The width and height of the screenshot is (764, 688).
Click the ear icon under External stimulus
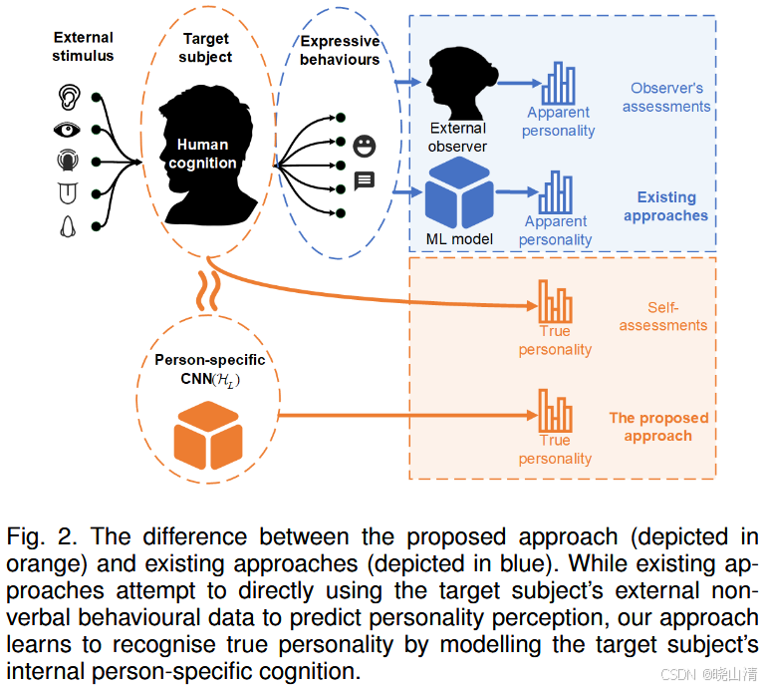coord(69,97)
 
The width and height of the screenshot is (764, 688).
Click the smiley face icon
coord(365,147)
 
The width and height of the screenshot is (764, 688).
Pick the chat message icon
coord(365,180)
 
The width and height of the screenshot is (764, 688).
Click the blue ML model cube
coord(459,193)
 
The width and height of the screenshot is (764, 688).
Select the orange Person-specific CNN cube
coord(208,436)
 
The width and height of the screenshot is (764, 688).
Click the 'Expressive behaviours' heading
coord(340,50)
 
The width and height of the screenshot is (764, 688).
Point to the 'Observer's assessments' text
coord(666,97)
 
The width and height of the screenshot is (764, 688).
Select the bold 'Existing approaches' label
coord(665,206)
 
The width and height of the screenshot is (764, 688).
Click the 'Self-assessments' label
coord(662,316)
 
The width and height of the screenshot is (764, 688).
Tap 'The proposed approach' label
coord(658,427)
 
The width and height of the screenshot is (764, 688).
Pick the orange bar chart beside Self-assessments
coord(555,300)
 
